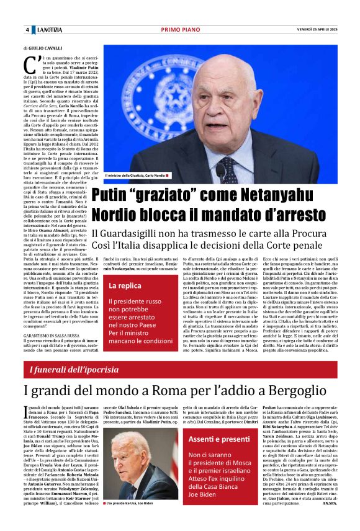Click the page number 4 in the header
point(27,30)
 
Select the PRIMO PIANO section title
point(179,30)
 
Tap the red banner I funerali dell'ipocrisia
point(74,370)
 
